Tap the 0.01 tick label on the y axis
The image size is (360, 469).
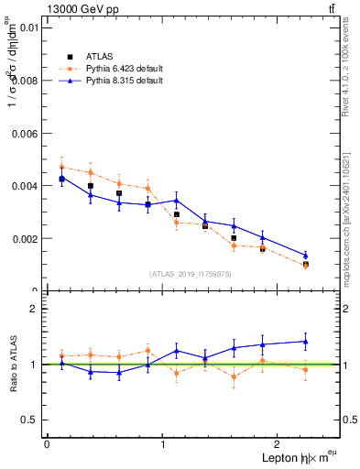point(30,27)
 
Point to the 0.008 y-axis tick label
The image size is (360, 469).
point(27,81)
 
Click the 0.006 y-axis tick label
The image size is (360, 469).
point(27,133)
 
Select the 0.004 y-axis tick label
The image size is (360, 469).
point(27,186)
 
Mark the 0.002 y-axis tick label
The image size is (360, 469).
point(27,238)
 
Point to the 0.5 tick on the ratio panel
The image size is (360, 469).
point(32,420)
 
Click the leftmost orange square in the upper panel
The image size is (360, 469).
point(62,167)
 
